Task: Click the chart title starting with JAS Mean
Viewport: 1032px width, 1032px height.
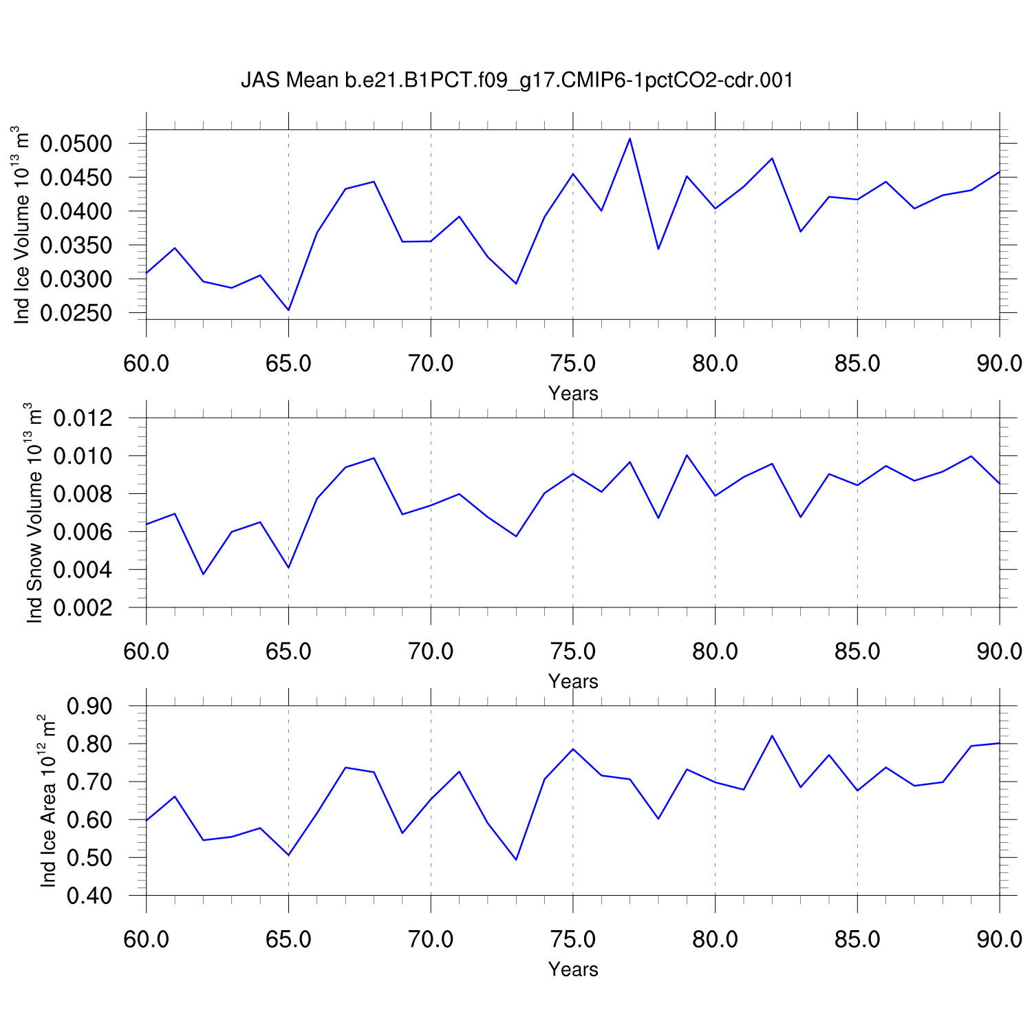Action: pos(517,80)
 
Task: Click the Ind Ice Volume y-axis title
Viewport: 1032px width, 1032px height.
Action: pos(22,224)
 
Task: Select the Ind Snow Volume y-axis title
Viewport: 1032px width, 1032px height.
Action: pos(34,513)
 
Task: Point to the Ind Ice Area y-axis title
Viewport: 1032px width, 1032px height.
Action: pos(47,800)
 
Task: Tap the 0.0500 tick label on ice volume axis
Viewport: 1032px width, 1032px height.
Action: pos(76,144)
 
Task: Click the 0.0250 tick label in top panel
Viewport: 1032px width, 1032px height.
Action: pos(76,313)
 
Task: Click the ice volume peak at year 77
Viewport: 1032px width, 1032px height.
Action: pos(630,138)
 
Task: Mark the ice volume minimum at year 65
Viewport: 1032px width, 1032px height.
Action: pos(288,310)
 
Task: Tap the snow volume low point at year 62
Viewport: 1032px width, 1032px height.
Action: pos(203,574)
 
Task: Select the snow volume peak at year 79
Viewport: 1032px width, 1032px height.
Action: pos(687,455)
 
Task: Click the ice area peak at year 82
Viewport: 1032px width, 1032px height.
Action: pos(772,735)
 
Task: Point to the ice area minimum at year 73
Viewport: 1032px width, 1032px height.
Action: pos(516,859)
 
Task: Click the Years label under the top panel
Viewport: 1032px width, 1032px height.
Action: pos(573,394)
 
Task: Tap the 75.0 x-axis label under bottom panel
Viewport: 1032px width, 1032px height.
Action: pos(573,939)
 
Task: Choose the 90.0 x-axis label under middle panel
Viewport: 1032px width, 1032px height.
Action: pos(999,651)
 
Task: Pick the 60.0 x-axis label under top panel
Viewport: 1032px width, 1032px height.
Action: pos(147,363)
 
